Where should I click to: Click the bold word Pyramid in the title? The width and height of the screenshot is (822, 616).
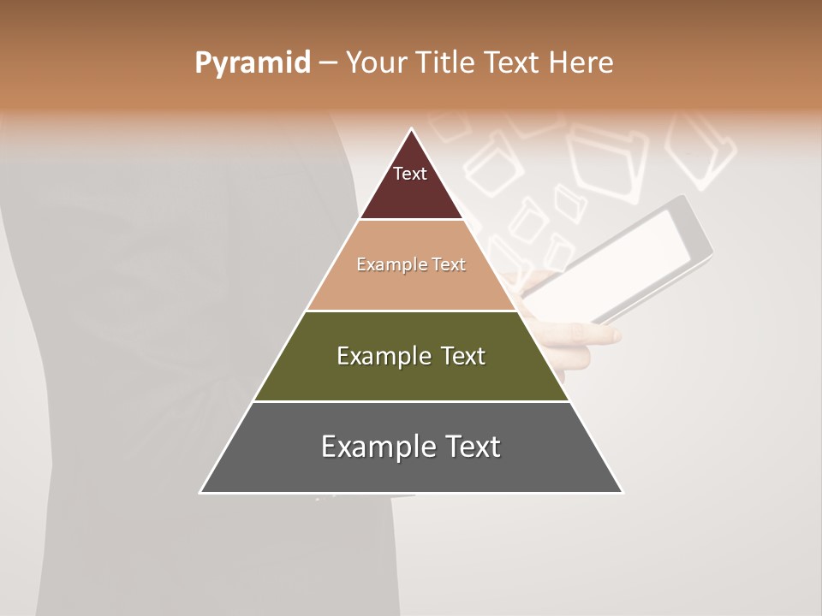point(253,63)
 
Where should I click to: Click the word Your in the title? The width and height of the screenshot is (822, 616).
point(378,63)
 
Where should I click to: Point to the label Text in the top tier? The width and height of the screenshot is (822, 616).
point(410,174)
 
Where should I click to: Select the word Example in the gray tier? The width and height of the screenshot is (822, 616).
point(373,447)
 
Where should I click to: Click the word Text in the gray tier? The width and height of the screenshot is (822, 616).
point(470,447)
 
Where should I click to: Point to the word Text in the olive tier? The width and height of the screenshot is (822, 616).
point(463,356)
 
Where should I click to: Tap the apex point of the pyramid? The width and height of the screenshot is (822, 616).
point(412,130)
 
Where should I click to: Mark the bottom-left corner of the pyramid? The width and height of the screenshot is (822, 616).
point(201,492)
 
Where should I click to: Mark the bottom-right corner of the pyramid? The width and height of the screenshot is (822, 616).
point(622,492)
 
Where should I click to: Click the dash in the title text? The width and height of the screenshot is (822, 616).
point(327,63)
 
